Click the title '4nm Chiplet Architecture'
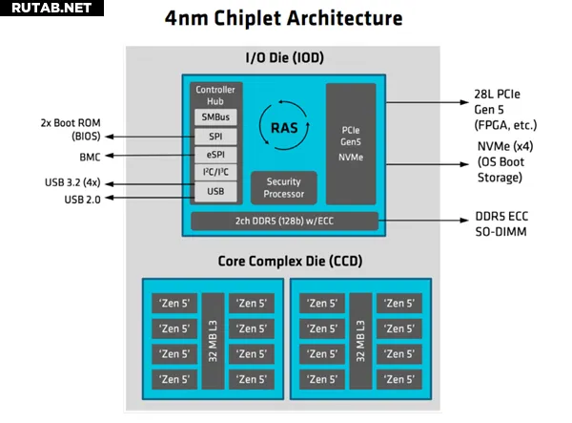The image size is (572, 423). (x=283, y=18)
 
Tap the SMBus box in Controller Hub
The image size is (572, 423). (x=214, y=116)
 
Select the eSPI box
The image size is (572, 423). (x=214, y=154)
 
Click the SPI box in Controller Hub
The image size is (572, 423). (x=214, y=136)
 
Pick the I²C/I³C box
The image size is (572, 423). (x=214, y=173)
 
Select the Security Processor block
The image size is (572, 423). (x=284, y=187)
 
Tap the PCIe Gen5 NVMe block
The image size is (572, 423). (x=351, y=142)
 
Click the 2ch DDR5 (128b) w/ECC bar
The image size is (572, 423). (x=284, y=222)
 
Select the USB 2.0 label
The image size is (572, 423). (x=82, y=199)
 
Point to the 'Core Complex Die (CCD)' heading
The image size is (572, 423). (x=283, y=260)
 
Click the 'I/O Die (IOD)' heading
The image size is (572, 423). (x=284, y=58)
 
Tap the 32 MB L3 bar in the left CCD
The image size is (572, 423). (x=213, y=339)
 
